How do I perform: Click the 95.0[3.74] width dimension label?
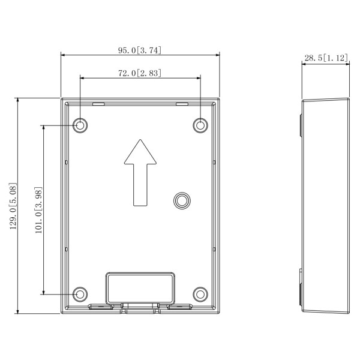[140, 50]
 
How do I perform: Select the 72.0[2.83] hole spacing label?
[140, 73]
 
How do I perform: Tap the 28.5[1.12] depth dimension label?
[326, 58]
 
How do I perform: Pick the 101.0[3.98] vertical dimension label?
[38, 210]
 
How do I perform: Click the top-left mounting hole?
[80, 125]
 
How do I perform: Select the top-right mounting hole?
[200, 125]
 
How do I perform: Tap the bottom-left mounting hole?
[80, 294]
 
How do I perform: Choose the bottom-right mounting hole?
[200, 294]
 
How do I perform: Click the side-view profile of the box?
[325, 205]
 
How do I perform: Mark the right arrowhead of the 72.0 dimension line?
[197, 77]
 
